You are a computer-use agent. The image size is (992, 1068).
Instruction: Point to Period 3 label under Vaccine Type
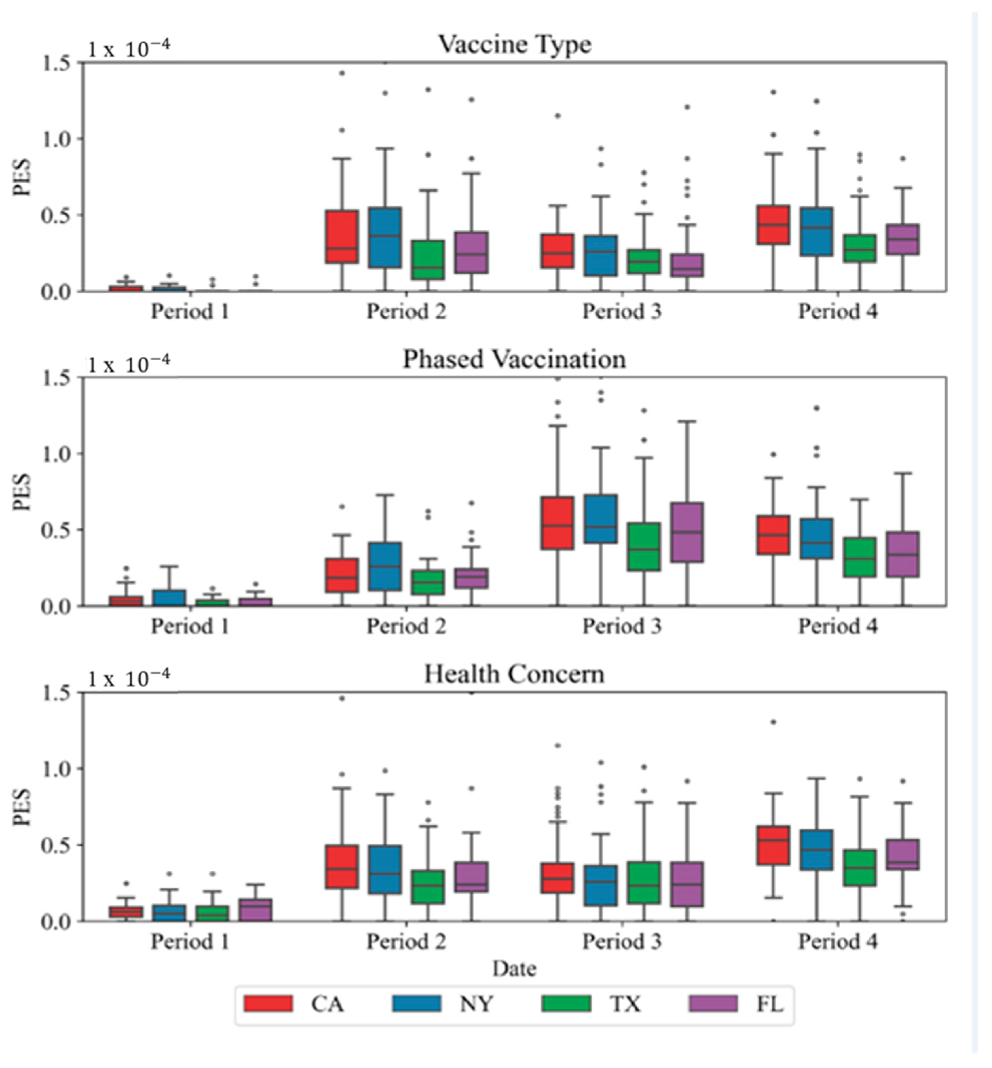[x=622, y=311]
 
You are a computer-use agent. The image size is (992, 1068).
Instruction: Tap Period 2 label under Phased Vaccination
[x=406, y=626]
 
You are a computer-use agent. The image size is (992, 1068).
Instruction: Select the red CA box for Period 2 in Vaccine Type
[x=342, y=236]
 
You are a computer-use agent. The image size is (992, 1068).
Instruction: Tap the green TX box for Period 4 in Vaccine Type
[x=859, y=248]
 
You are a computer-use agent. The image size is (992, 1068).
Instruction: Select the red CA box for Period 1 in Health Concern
[x=126, y=912]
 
